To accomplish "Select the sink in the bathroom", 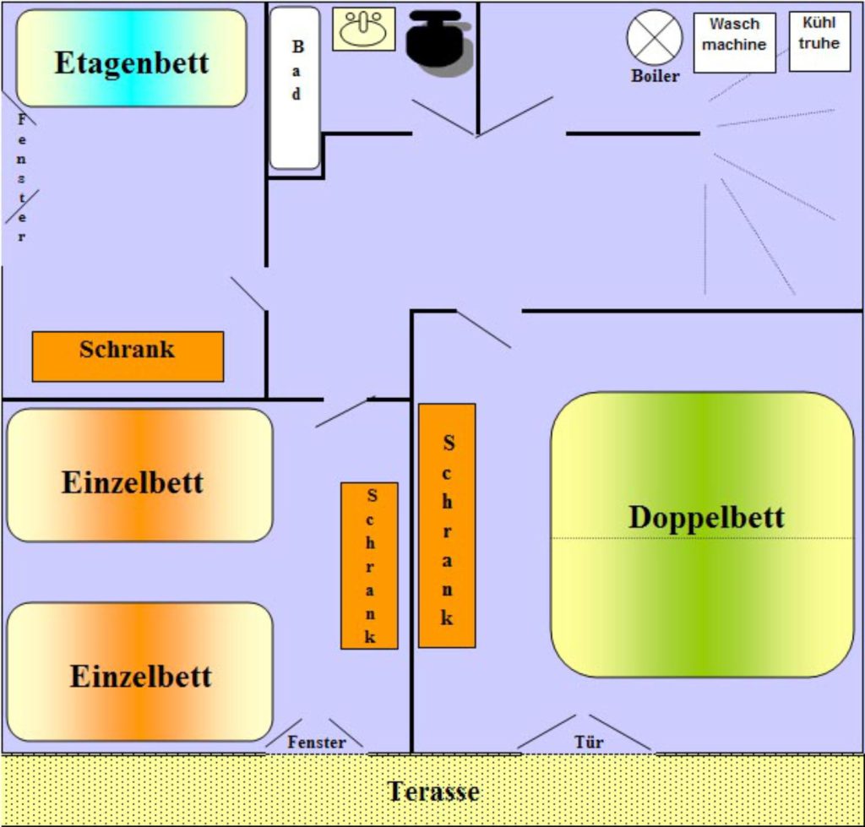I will pyautogui.click(x=363, y=29).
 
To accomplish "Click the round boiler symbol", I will pyautogui.click(x=655, y=37).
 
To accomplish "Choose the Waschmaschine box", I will pyautogui.click(x=734, y=42).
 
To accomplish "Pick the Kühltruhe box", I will pyautogui.click(x=819, y=41).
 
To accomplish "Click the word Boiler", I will pyautogui.click(x=655, y=76).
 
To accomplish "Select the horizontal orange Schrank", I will pyautogui.click(x=128, y=356).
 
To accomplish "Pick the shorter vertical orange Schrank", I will pyautogui.click(x=369, y=565).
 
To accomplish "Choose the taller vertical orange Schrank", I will pyautogui.click(x=447, y=525).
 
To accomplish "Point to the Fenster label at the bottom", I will pyautogui.click(x=317, y=743).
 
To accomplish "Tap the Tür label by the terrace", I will pyautogui.click(x=589, y=743).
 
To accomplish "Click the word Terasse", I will pyautogui.click(x=433, y=792).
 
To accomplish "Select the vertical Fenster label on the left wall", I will pyautogui.click(x=22, y=177).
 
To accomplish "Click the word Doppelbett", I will pyautogui.click(x=706, y=517).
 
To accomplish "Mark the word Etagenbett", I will pyautogui.click(x=131, y=63).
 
